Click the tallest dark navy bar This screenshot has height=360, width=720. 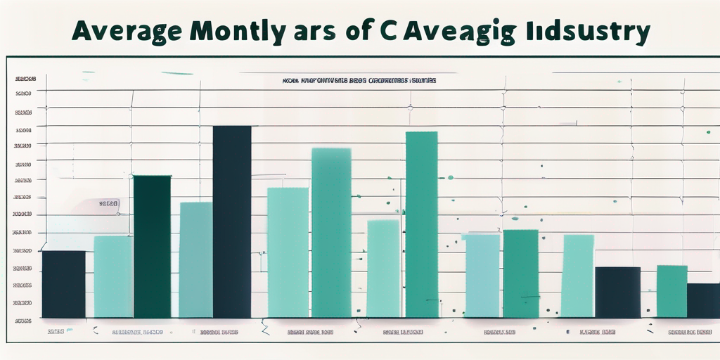point(232,221)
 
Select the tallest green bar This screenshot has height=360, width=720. point(422,225)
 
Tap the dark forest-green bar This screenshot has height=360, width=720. point(152,246)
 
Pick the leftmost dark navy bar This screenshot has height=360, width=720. point(63,284)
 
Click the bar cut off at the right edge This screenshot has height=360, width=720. point(703,300)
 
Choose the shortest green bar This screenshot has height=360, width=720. point(671,291)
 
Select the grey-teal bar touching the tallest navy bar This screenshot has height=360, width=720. point(195,260)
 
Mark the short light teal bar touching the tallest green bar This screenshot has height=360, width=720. point(383,269)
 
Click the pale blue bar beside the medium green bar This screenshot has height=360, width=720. point(482,276)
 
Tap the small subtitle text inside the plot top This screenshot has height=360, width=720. point(359,81)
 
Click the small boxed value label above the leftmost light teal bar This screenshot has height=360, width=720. point(108,205)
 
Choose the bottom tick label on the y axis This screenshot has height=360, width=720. point(23,320)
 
